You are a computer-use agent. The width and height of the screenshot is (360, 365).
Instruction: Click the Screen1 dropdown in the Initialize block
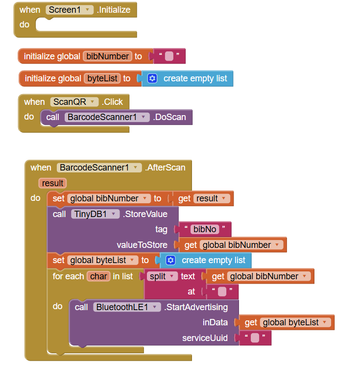point(70,10)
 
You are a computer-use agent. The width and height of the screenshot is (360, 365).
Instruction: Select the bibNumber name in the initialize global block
point(108,56)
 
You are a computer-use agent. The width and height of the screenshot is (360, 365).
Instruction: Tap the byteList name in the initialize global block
point(103,78)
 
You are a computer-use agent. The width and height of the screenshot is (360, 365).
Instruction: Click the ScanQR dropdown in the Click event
point(73,102)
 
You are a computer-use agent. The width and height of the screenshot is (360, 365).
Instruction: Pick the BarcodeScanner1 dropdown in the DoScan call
point(107,117)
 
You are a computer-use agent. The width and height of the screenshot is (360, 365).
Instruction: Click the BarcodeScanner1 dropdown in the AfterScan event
point(99,168)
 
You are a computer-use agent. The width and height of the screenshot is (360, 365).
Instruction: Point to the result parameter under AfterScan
point(52,183)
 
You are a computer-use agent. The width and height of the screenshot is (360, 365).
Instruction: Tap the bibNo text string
point(204,229)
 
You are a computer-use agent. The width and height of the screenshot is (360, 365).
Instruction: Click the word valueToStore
point(142,245)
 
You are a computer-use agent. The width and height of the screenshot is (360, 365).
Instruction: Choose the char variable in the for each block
point(98,276)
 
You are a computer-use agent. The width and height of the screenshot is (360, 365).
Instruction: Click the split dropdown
point(162,276)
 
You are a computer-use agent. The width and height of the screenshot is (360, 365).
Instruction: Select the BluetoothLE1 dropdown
point(127,307)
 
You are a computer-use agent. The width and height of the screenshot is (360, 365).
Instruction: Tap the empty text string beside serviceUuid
point(255,338)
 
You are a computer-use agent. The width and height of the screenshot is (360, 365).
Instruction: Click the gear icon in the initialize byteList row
point(152,78)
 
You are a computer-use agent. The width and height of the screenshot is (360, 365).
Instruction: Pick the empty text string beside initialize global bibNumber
point(169,56)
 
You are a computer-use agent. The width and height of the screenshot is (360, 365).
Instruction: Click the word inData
point(216,322)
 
